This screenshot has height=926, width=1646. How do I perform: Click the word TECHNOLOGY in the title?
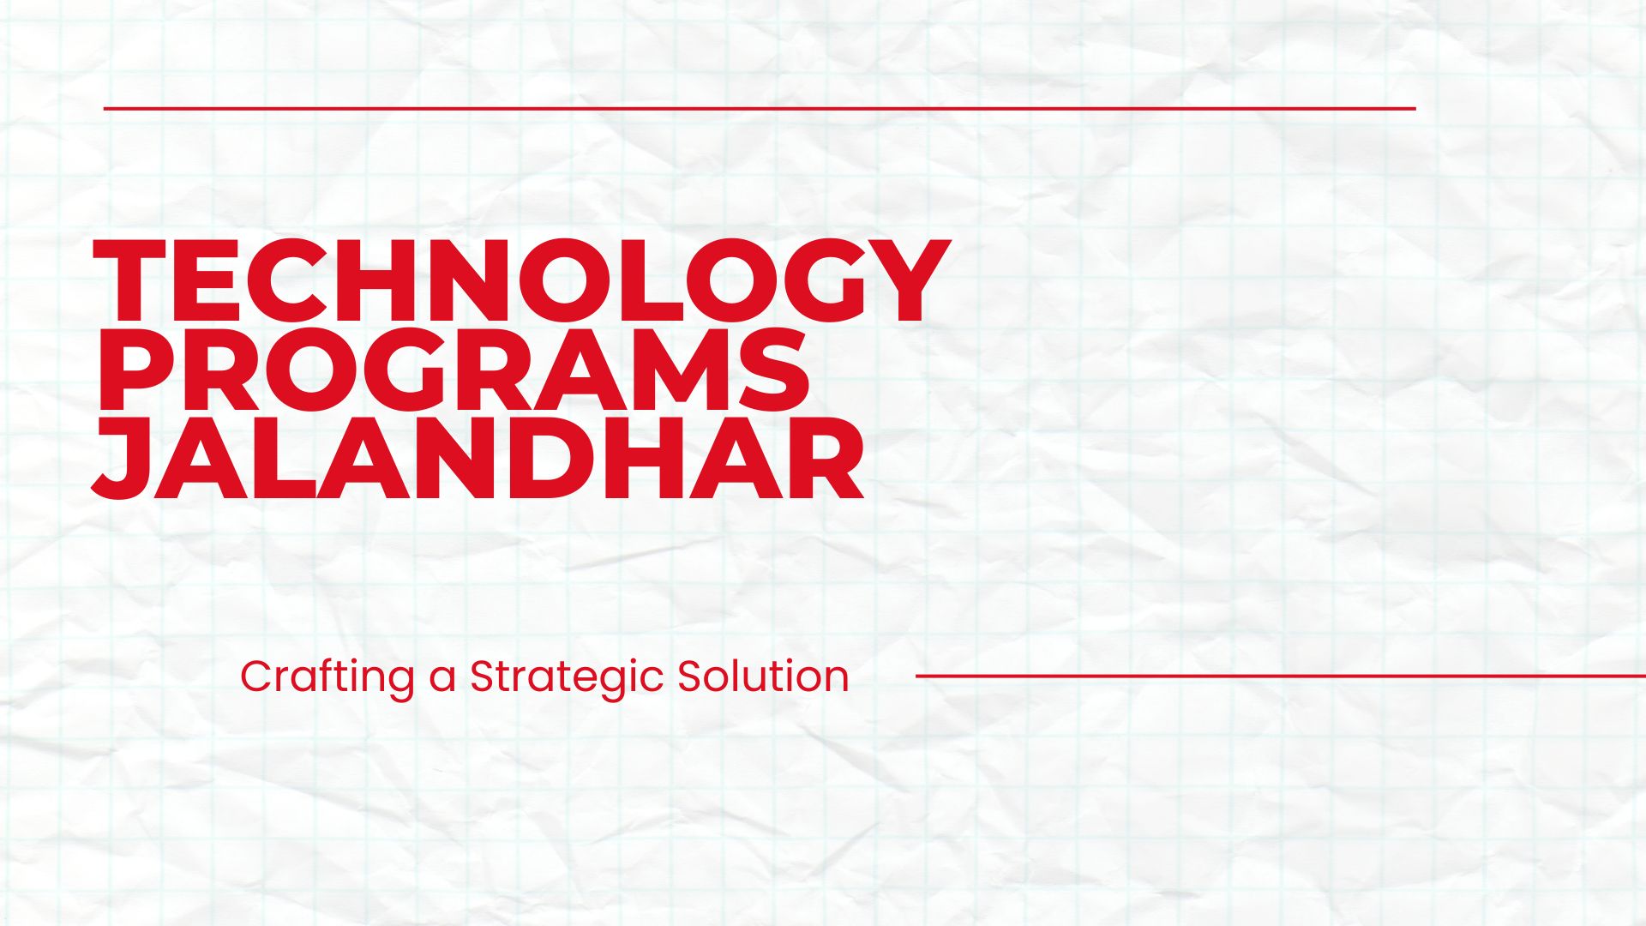[x=521, y=281]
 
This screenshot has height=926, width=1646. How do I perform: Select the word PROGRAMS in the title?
[x=453, y=370]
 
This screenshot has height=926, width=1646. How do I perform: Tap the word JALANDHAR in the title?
[x=477, y=459]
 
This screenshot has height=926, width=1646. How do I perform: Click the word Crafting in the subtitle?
[x=327, y=677]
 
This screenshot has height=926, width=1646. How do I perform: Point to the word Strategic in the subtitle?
[x=566, y=677]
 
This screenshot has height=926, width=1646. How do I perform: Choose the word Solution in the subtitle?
[x=763, y=676]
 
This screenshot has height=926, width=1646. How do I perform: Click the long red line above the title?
[x=759, y=109]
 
